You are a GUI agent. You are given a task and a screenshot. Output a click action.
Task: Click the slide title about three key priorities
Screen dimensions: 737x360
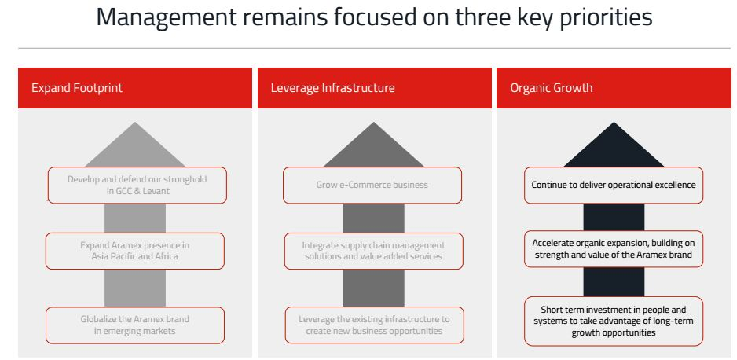374,17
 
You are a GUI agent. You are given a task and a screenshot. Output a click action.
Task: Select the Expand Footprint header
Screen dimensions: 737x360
135,88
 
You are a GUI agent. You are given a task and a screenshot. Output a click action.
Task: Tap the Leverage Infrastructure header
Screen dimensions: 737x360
374,88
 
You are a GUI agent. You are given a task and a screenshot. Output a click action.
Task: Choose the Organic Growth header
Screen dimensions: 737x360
614,88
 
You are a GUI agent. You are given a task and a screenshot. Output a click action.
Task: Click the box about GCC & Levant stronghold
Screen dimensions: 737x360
137,186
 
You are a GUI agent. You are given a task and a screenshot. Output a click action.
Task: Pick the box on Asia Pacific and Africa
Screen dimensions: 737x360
135,251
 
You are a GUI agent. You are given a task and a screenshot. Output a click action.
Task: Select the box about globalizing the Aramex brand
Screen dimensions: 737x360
135,325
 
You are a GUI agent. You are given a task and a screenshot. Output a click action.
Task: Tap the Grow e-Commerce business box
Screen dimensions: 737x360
372,186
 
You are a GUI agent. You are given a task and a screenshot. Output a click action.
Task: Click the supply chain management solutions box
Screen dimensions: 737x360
374,251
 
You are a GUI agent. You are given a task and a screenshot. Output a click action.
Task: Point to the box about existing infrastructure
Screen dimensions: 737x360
374,325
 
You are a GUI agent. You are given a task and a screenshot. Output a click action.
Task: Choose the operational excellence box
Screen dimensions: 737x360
614,186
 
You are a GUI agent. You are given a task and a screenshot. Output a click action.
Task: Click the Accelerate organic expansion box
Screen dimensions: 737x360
614,249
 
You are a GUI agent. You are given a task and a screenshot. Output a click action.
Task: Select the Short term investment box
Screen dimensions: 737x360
614,321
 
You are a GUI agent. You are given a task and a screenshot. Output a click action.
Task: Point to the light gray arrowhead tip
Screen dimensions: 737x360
135,123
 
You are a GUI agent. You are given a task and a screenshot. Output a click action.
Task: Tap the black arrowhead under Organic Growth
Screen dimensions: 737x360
614,145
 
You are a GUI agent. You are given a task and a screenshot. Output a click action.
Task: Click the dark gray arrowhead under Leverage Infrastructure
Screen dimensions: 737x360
374,145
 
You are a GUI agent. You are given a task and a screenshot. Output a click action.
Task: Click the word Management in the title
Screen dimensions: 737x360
167,17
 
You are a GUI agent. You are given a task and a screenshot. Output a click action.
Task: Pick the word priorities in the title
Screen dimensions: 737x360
605,18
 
